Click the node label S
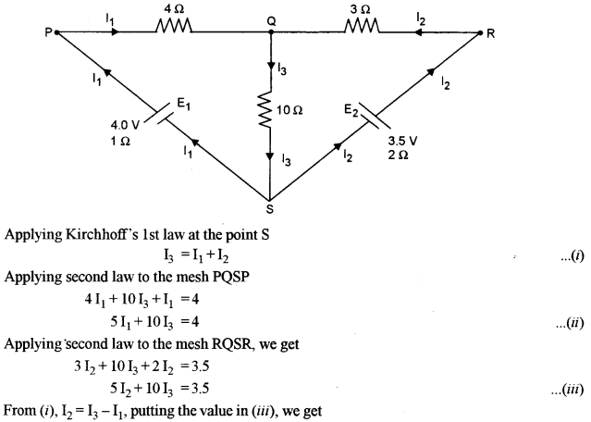pos(270,206)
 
